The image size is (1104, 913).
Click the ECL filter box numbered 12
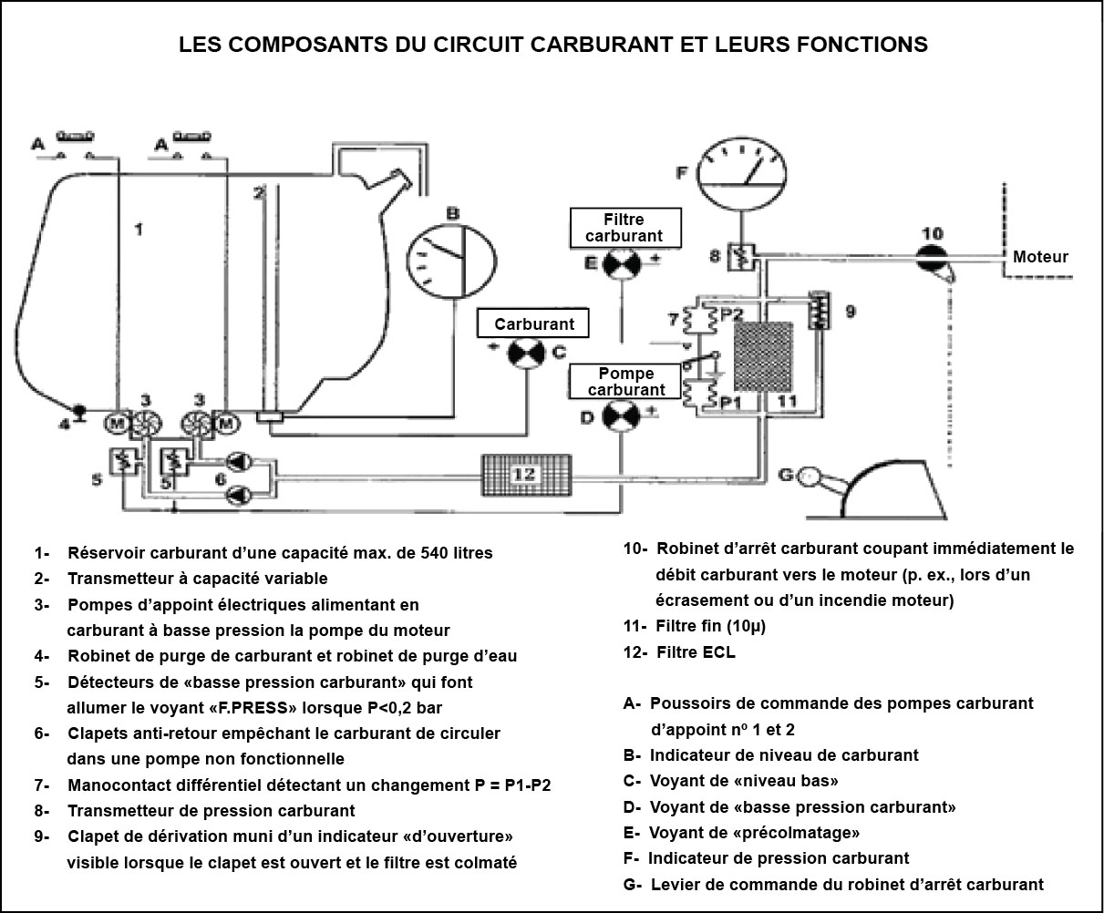click(526, 475)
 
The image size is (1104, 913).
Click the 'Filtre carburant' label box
click(624, 227)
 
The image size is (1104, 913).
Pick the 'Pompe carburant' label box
click(625, 382)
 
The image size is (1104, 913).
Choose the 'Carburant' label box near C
click(534, 323)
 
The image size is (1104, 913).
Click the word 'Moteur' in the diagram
click(1040, 257)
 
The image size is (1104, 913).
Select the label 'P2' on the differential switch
click(731, 313)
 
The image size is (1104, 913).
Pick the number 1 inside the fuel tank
click(139, 230)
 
